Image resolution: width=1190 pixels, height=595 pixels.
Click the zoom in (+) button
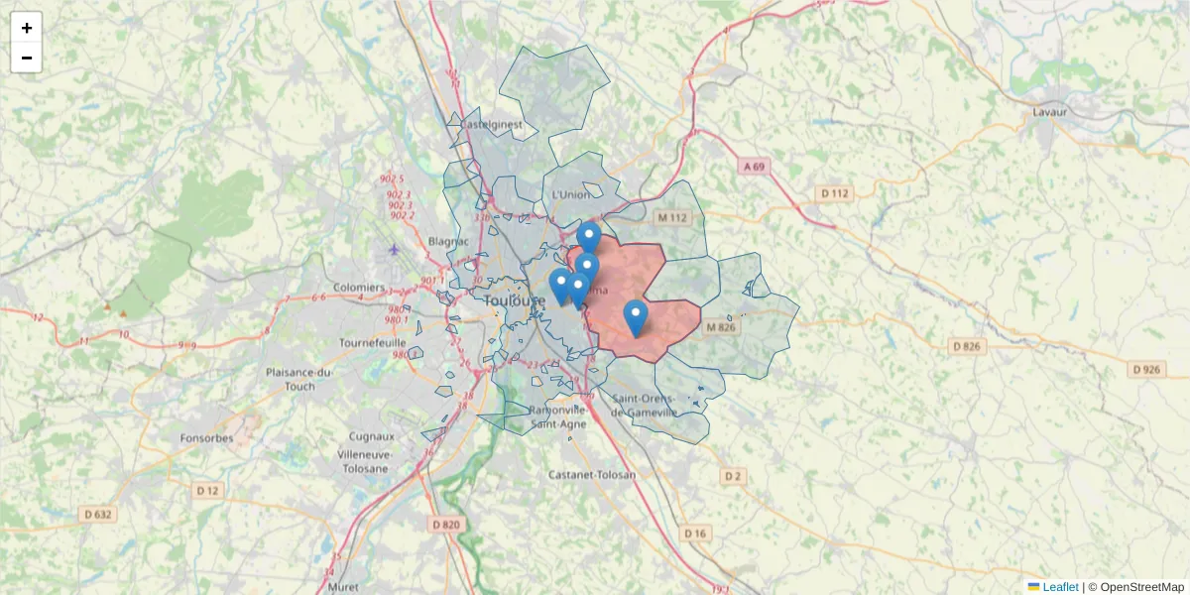pos(27,28)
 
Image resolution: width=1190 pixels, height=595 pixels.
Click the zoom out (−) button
pos(27,58)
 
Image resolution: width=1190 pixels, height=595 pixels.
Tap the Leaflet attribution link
pos(1059,587)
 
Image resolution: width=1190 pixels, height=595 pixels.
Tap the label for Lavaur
pos(1049,112)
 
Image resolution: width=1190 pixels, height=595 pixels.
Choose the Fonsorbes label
pos(206,437)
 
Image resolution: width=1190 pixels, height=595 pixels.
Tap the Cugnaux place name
pos(372,436)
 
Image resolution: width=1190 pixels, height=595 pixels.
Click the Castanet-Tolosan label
pos(592,475)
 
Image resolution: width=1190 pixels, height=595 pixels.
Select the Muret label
pos(342,587)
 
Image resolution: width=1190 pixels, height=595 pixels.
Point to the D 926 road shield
pos(1146,369)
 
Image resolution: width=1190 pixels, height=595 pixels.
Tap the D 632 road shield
pos(98,514)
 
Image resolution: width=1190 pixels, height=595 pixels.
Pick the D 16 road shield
pos(695,534)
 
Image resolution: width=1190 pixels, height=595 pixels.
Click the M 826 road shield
pos(721,326)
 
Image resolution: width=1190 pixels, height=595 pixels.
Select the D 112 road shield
pos(835,192)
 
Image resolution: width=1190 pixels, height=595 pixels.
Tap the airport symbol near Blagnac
pos(396,248)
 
